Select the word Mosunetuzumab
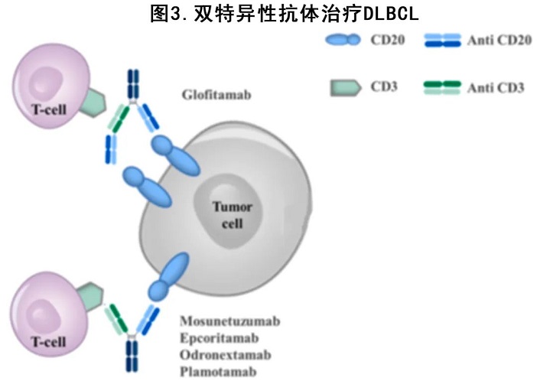230,321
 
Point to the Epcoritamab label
220,337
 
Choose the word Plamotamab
218,371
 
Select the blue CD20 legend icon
341,40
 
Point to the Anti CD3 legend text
496,88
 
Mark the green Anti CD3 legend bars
441,87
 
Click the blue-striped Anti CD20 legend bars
441,41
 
